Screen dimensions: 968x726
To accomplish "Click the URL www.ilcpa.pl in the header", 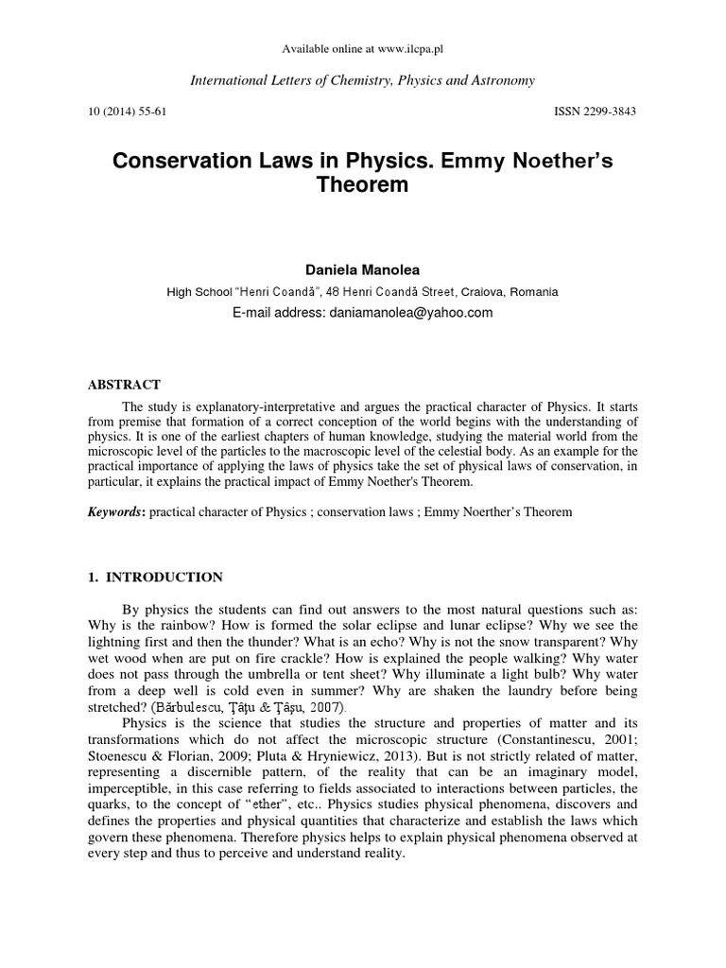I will click(406, 48).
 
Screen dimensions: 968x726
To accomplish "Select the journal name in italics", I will click(363, 81).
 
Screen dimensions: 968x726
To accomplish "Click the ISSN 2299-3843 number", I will click(595, 112).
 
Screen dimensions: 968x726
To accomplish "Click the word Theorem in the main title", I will click(363, 185).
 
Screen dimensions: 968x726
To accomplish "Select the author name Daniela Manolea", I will click(363, 270).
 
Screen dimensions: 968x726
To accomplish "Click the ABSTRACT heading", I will click(124, 385).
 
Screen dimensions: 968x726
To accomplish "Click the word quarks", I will click(112, 804).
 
